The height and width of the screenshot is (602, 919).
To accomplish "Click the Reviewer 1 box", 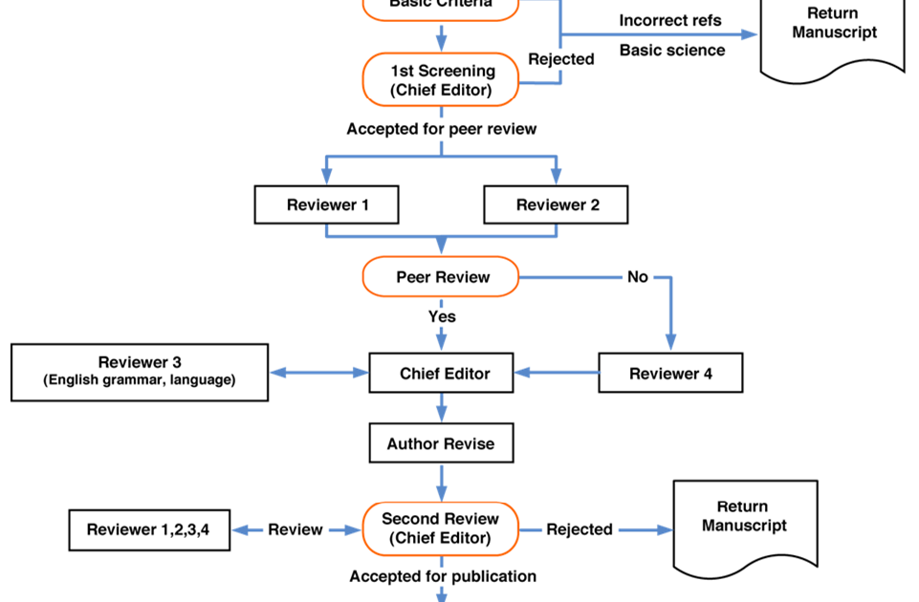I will [326, 204].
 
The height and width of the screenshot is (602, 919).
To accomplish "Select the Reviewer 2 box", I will [556, 204].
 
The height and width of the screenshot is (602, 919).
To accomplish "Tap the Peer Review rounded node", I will [441, 277].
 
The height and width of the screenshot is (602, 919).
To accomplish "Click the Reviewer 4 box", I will [669, 373].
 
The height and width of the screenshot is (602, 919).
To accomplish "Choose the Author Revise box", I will [441, 443].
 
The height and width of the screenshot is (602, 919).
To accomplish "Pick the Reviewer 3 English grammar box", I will [140, 372].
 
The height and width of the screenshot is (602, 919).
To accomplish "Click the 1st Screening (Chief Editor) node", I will [441, 79].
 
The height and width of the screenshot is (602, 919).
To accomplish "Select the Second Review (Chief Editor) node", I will [441, 528].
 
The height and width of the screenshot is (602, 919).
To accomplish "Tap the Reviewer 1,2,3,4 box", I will [149, 529].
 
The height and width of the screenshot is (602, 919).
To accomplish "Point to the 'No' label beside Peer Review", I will [637, 277].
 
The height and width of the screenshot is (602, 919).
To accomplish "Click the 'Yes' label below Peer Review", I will [442, 316].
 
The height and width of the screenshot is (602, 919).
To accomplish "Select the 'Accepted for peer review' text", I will [441, 128].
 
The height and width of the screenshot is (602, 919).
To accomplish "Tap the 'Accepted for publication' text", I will [443, 576].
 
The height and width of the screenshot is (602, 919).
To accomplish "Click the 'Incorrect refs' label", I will [669, 20].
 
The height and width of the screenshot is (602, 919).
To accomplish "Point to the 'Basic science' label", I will [672, 50].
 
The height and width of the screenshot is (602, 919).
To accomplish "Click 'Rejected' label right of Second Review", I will [580, 529].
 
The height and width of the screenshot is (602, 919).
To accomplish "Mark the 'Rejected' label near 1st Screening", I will [561, 59].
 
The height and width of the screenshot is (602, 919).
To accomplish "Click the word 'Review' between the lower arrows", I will [295, 529].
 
